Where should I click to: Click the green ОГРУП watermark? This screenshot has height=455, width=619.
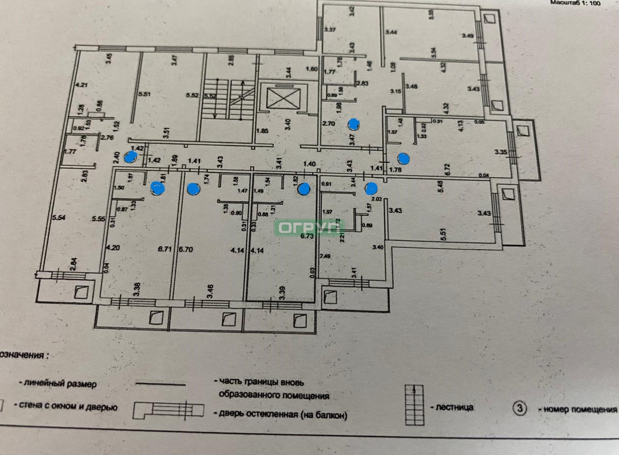point(309,227)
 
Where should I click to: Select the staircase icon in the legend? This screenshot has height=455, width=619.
point(414,405)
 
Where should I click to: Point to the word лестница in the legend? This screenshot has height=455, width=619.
point(455,407)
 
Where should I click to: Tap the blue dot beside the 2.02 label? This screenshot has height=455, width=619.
point(371,187)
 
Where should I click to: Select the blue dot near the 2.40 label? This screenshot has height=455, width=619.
point(130,157)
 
